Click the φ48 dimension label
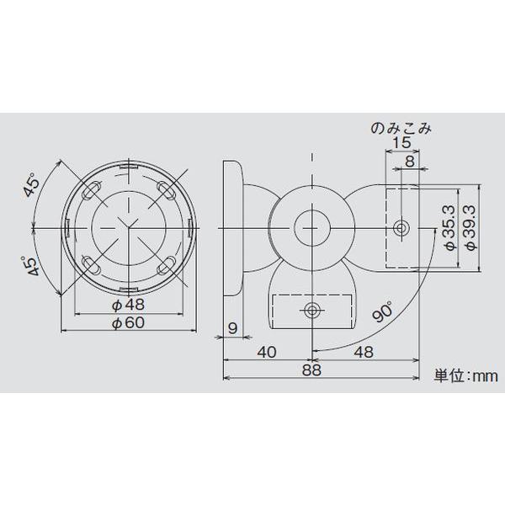point(128,304)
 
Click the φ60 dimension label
point(128,323)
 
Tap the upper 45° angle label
point(33,186)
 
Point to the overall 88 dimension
point(313,369)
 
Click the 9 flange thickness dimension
point(231,327)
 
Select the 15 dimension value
point(401,145)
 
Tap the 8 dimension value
point(409,162)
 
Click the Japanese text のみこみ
point(401,128)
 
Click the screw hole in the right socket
point(401,227)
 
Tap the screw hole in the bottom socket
point(313,311)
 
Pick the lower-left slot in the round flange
point(92,266)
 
